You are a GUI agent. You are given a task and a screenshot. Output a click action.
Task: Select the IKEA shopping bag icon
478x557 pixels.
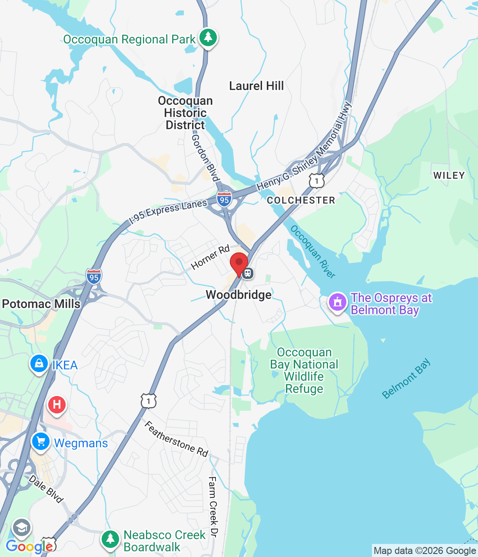[x=39, y=363]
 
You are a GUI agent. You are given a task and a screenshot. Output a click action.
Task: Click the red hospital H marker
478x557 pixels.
[x=56, y=405]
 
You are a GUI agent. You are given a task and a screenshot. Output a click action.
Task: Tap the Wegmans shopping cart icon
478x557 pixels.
[x=41, y=442]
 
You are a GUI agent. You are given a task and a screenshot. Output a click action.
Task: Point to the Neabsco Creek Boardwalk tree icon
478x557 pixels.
[x=110, y=539]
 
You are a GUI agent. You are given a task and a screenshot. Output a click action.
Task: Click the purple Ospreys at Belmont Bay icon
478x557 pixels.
[x=338, y=302]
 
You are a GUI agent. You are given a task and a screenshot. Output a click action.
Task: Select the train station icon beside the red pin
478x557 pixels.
[x=248, y=273]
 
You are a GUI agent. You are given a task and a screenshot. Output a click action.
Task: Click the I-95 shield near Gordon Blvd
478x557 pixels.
[x=224, y=199]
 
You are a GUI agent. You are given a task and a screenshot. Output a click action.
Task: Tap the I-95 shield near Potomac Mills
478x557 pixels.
[x=94, y=277]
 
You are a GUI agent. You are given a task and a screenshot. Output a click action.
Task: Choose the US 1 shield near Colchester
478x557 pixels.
[x=317, y=180]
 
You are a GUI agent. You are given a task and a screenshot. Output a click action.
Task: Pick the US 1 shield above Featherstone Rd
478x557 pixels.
[x=149, y=400]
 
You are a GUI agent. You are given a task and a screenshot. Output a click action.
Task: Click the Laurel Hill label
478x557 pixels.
[x=256, y=86]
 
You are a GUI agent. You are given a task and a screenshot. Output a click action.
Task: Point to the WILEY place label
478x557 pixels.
[x=449, y=175]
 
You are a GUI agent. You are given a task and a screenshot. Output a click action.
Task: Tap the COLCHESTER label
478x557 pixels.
[x=301, y=200]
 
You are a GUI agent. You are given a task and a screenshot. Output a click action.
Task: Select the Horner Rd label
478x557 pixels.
[x=210, y=257]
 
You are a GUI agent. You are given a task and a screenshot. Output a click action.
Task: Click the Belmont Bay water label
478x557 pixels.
[x=406, y=379]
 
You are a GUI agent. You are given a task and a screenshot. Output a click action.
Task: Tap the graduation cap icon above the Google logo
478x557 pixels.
[x=22, y=527]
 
